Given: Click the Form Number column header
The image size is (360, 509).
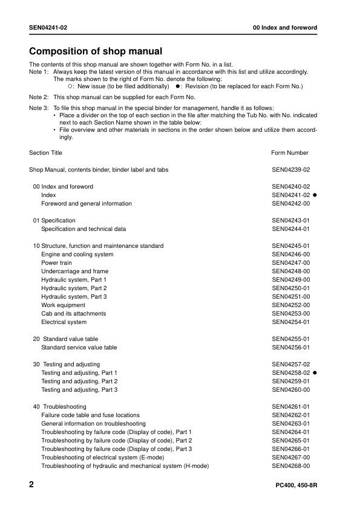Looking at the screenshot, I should click(x=290, y=153).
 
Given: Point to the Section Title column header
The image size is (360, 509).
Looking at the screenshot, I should click(x=45, y=153).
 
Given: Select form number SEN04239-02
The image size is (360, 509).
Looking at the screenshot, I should click(x=291, y=170).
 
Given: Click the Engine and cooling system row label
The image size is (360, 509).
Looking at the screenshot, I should click(x=77, y=254).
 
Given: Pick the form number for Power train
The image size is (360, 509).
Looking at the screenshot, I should click(x=291, y=263).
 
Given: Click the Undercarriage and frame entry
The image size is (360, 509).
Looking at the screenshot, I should click(x=74, y=271).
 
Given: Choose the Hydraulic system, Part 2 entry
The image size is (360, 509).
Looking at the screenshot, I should click(x=74, y=288).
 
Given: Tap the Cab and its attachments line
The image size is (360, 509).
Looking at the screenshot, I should click(x=73, y=314).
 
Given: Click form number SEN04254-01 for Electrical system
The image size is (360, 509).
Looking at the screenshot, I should click(x=291, y=322).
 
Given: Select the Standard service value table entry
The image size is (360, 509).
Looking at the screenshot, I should click(x=79, y=348).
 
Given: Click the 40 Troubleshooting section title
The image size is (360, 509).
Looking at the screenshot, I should click(x=59, y=407).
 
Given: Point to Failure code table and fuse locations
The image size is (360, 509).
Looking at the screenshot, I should click(x=90, y=415).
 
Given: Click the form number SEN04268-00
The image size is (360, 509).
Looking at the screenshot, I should click(x=291, y=466).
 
